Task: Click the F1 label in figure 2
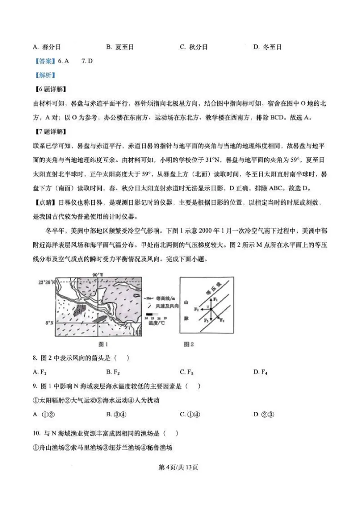point(216,299)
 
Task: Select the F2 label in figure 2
point(196,309)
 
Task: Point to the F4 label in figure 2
point(222,319)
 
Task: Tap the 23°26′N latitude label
point(46,282)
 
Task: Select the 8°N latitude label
point(49,323)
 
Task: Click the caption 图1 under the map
point(103,344)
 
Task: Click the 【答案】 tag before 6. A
point(45,61)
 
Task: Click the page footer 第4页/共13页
point(180,468)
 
